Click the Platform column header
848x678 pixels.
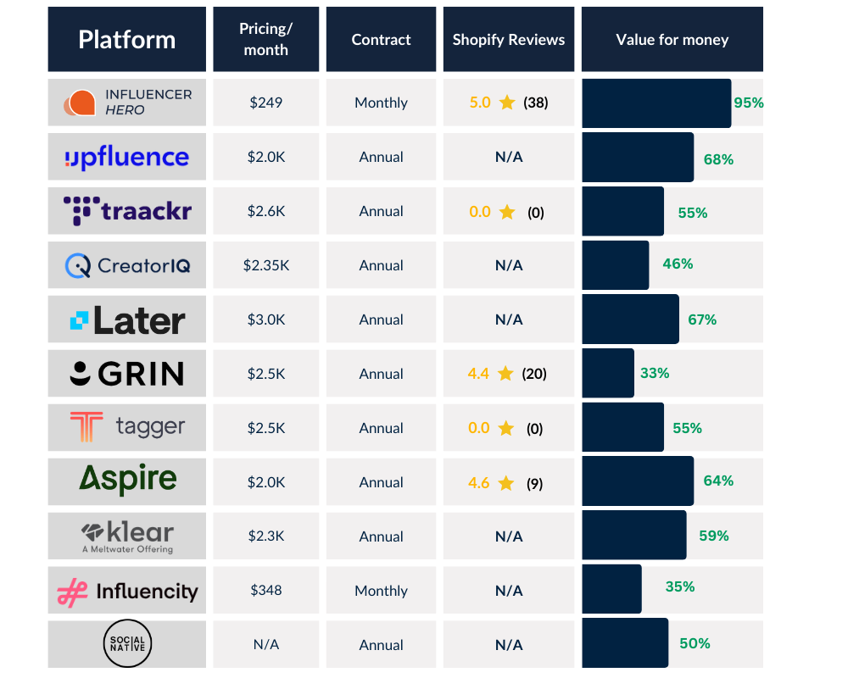[126, 39]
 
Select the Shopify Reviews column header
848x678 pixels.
[508, 39]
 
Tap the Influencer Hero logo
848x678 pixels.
[126, 103]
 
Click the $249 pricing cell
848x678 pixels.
[265, 103]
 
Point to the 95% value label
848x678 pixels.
[749, 103]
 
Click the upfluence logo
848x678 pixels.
[126, 158]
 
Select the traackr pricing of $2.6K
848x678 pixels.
[265, 211]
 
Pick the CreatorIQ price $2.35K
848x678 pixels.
[265, 265]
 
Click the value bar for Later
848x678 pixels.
[630, 320]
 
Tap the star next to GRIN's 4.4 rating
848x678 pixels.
[506, 374]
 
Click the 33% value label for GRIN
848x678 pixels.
[655, 373]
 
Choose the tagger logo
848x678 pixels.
[126, 428]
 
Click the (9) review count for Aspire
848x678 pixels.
[534, 483]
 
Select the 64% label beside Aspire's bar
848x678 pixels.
[718, 481]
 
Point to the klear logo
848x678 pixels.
[126, 536]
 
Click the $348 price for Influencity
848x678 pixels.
[265, 591]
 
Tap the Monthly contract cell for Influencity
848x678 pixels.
[381, 591]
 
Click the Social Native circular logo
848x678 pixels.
[127, 645]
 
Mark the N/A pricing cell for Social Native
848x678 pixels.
[265, 645]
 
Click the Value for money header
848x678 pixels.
[672, 39]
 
